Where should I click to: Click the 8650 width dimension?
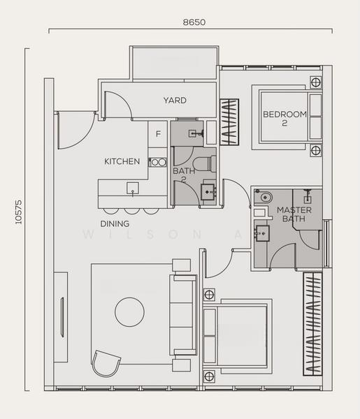194,22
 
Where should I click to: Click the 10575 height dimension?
18,212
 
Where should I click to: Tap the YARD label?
175,100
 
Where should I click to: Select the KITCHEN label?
122,161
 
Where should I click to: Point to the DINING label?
115,223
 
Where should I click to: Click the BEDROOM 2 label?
285,119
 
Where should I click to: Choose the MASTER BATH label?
294,214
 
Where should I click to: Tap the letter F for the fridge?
159,133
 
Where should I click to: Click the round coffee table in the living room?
130,312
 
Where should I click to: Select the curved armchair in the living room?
106,363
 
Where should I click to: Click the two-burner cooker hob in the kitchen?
158,162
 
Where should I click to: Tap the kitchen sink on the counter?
133,188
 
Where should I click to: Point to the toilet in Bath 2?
204,163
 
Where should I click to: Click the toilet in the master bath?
264,197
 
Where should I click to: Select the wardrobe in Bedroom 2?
229,122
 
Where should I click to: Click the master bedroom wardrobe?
312,324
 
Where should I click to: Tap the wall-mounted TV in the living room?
62,317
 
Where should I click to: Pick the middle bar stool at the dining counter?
132,211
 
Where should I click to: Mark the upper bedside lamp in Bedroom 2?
315,82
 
